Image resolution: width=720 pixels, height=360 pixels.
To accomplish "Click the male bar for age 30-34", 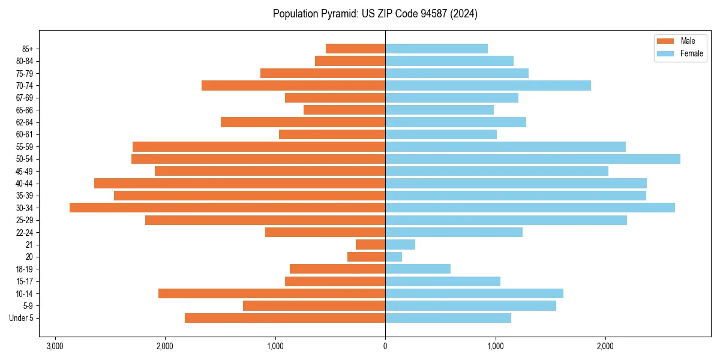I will point(227,208).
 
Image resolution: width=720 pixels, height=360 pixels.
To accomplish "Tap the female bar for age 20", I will point(394,257).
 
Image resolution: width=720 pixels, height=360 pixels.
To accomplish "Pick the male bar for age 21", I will point(371,245).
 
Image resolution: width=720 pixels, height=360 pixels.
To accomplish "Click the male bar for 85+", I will point(355,49).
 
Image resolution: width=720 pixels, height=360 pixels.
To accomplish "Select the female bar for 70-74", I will point(488,86).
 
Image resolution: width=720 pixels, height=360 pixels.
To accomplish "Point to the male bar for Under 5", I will point(285,318).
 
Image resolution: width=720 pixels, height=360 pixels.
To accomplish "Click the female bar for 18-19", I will point(418,269).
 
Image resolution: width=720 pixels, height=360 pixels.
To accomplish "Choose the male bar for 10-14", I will point(272,293).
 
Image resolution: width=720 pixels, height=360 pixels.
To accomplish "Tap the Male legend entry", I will point(688,41).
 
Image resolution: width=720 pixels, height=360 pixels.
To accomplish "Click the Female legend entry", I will point(691,53).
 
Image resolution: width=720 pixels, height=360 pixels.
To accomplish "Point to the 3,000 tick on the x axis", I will point(55,346).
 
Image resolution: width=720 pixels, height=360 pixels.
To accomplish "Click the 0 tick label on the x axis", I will point(385,346).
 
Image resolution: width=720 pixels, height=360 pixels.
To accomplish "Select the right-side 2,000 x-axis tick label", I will point(605,346).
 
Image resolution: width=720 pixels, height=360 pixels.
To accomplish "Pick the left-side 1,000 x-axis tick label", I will point(275,346).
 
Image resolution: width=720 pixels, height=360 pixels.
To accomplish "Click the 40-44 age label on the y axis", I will point(25,184).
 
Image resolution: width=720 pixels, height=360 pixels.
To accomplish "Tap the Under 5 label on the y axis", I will point(22,318).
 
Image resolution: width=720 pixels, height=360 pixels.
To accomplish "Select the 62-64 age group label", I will point(25,122).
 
